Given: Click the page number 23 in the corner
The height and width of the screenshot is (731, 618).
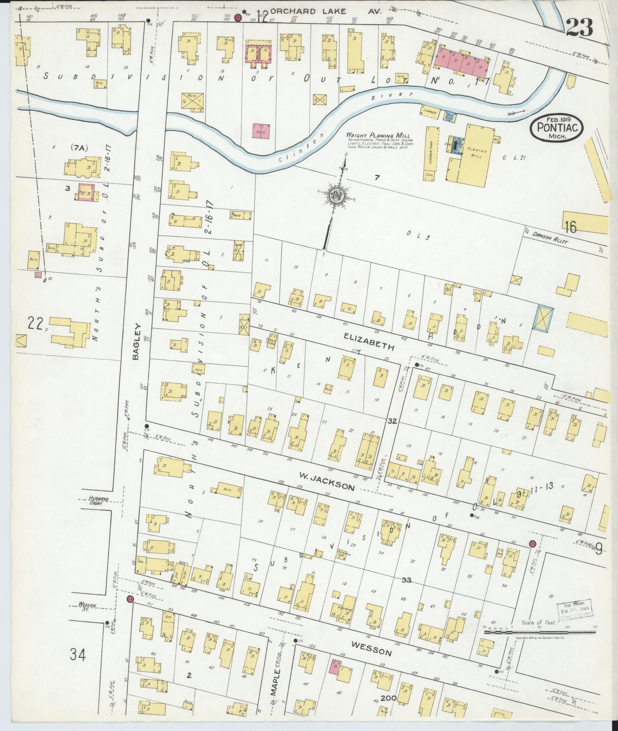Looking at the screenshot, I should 579,27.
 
